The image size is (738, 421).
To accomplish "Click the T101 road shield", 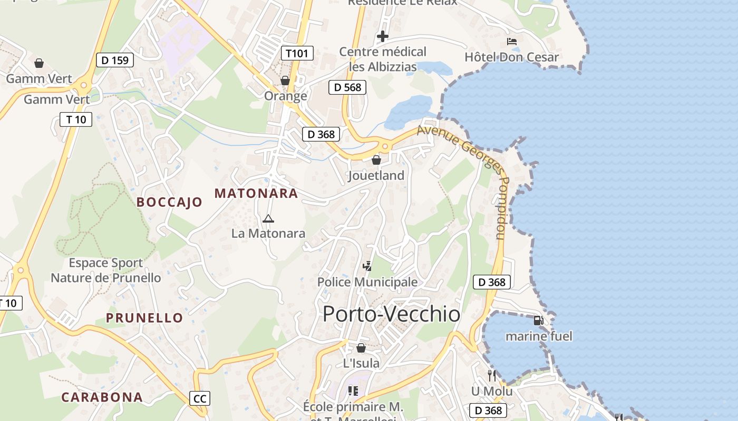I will coord(297,53).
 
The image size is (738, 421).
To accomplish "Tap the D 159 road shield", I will coord(115,60).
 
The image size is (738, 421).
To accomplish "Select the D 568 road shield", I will coord(347,87).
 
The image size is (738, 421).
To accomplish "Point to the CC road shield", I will coord(200,398).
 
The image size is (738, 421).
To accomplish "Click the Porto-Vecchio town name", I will coord(391,314).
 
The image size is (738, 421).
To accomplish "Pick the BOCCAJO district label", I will coord(169,202).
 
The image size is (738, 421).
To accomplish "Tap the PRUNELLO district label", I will coord(144,318).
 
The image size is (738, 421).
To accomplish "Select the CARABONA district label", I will coord(102,397).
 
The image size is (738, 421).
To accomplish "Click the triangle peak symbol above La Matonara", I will coord(268,218).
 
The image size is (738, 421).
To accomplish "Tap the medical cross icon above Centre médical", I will coord(383,36).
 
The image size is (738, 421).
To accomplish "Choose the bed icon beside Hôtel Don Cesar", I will coord(511,42).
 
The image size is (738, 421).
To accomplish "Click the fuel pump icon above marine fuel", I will coord(538,320).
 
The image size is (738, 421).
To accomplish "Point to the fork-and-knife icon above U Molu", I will coord(492,375).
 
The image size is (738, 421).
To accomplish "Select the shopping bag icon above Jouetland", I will coord(376,160).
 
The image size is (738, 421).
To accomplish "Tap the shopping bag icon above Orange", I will coord(285,81).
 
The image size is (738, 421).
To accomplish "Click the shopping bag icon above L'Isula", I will coord(361,348).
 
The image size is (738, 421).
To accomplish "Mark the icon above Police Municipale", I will coord(367,266).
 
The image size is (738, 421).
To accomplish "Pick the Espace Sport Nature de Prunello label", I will coord(105,270).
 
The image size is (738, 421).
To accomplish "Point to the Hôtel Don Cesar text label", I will coord(511,57).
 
